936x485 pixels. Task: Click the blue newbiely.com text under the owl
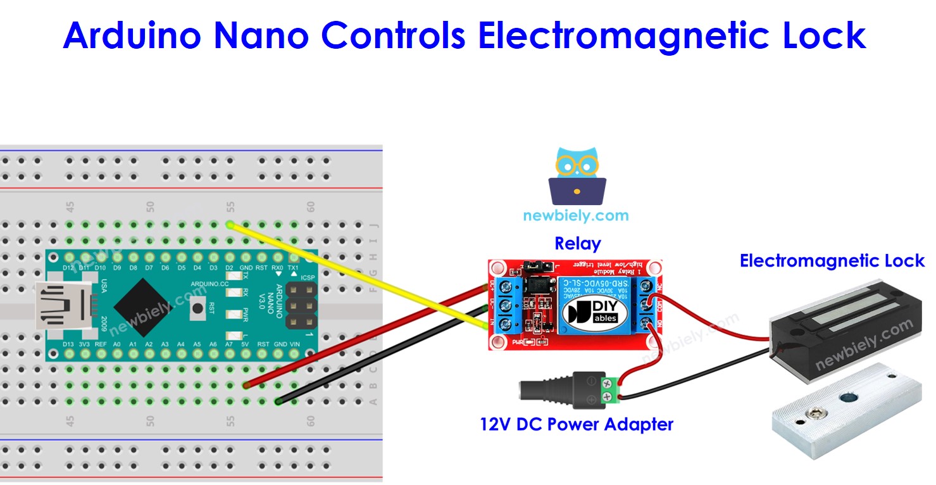tap(576, 215)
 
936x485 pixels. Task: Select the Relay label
tap(577, 243)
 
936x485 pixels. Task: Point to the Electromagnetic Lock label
tap(832, 261)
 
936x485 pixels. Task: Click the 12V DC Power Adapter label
tap(577, 424)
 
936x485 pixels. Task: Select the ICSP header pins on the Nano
tap(302, 305)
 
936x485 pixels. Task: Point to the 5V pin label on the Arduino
tap(246, 344)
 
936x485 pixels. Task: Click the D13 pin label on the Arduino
tap(69, 344)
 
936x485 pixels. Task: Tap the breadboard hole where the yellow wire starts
tap(230, 225)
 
